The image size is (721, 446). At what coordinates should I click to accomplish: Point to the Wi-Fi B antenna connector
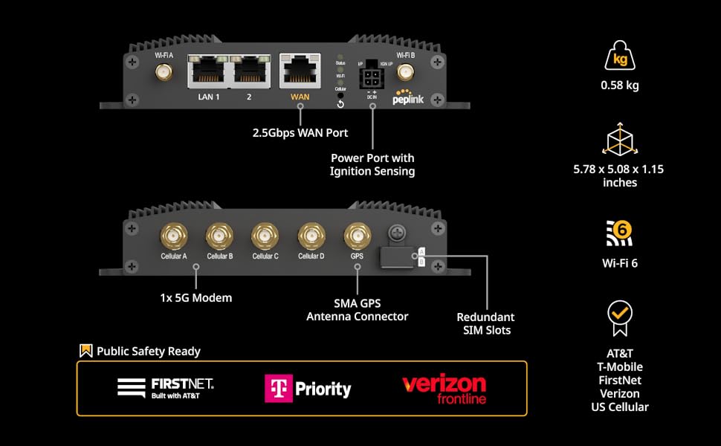[x=406, y=73]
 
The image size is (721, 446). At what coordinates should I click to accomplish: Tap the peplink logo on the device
[x=408, y=97]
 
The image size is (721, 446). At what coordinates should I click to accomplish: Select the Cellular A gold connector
[x=174, y=236]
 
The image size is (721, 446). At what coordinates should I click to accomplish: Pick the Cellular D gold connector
[x=311, y=236]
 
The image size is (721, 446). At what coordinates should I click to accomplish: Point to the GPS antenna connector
[x=357, y=236]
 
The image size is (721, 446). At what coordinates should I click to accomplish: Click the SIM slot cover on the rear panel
[x=397, y=256]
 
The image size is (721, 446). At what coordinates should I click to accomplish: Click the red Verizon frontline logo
[x=444, y=389]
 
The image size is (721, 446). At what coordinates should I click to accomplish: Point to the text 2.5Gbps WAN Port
[x=300, y=133]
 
